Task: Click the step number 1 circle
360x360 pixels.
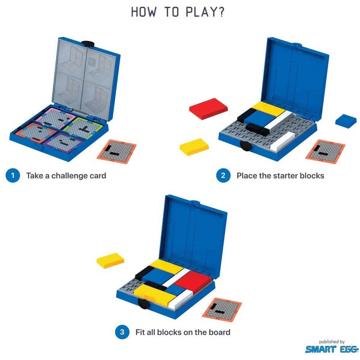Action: [13, 176]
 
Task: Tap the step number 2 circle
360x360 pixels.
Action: [223, 176]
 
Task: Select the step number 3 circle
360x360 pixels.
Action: [122, 332]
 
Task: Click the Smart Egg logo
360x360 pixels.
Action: [332, 349]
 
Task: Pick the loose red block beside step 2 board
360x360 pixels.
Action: [208, 109]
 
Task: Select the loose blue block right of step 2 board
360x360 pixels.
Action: [346, 121]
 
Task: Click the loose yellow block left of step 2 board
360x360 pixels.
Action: [194, 147]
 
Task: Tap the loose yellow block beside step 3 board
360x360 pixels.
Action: [110, 261]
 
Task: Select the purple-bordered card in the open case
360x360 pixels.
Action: [65, 142]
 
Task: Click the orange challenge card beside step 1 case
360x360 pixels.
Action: [117, 152]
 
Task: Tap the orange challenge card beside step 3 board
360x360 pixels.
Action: [222, 310]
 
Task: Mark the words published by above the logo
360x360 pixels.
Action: [332, 342]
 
